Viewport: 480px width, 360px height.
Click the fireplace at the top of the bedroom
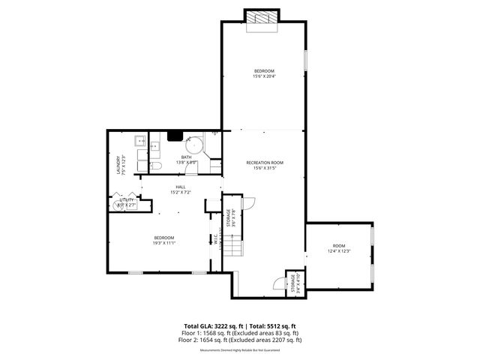click(262, 18)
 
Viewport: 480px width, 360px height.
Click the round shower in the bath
click(195, 144)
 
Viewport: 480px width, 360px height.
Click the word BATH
click(185, 157)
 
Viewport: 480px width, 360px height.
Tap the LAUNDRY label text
click(118, 165)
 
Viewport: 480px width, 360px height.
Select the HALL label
click(180, 187)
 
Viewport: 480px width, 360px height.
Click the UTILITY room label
click(126, 199)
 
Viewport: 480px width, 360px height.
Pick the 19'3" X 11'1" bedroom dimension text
click(163, 243)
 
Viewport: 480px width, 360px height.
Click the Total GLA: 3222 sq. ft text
click(211, 326)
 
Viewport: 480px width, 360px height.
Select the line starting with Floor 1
click(239, 333)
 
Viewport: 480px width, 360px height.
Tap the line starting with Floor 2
click(239, 340)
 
